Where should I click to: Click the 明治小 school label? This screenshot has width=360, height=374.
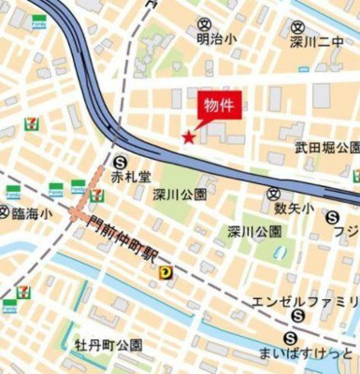click(216, 41)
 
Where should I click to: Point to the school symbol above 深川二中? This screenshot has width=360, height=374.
click(297, 27)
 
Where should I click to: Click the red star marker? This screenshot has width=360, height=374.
click(188, 138)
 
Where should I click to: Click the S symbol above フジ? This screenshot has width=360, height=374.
click(333, 217)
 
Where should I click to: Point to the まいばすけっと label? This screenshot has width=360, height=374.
click(308, 352)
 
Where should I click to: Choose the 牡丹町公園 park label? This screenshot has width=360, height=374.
click(108, 344)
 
